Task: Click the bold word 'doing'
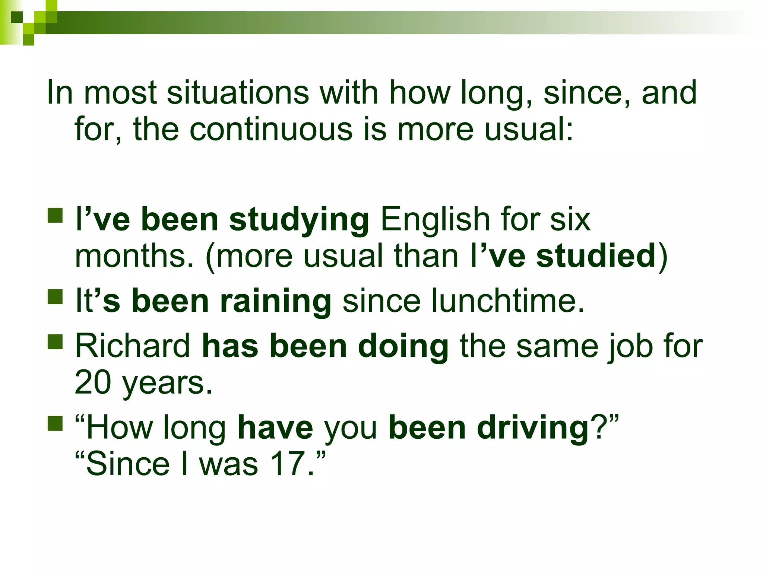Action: point(403,347)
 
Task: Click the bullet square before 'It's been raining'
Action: point(55,297)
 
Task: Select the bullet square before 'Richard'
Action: point(55,341)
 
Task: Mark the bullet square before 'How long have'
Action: point(55,423)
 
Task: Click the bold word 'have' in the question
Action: point(275,428)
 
